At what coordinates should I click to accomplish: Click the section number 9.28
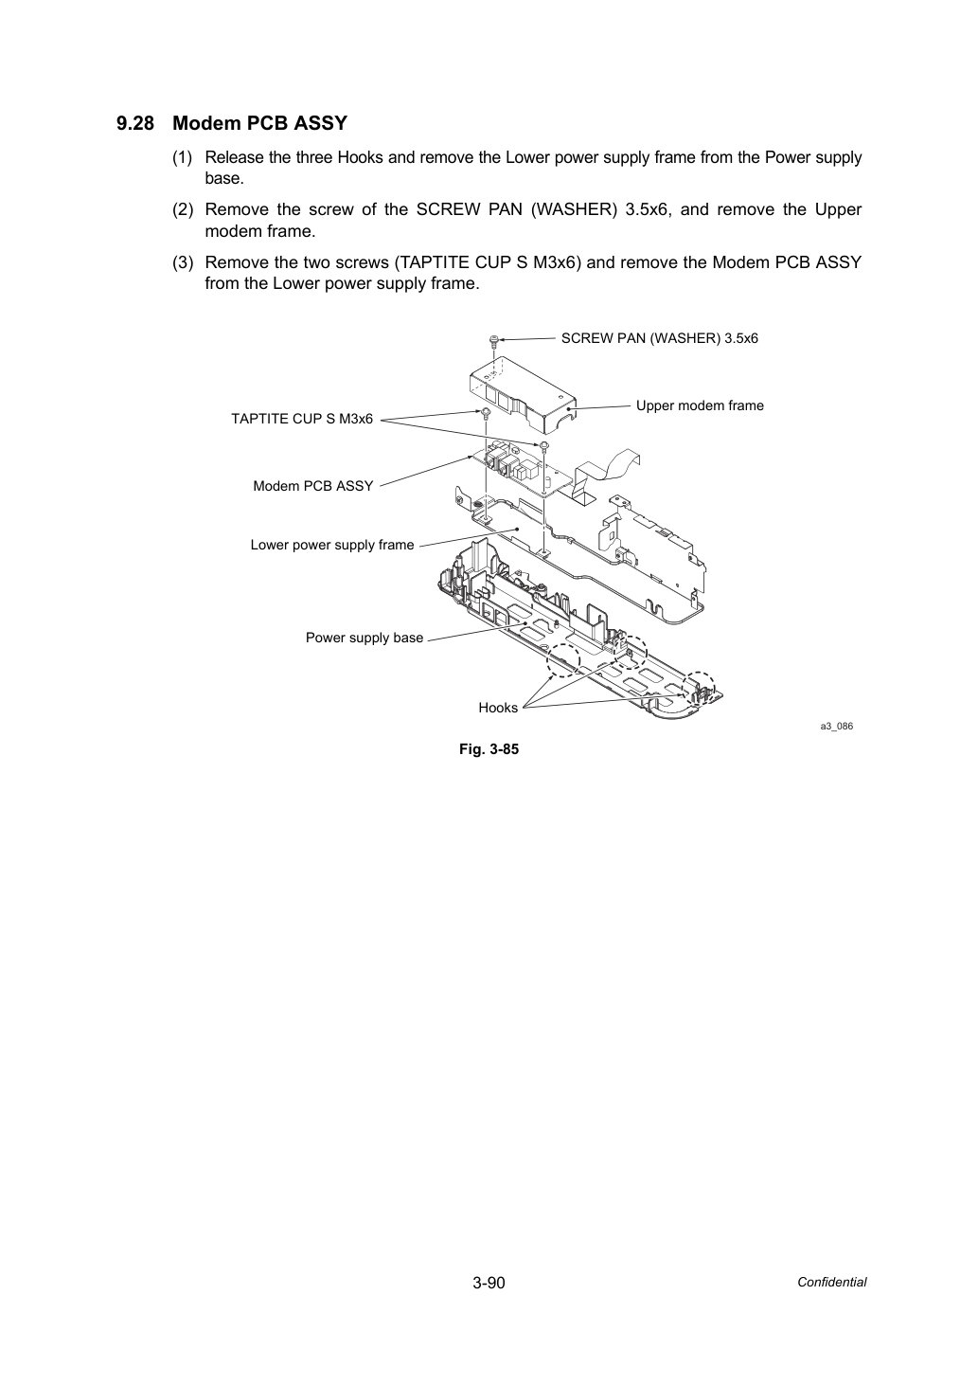135,124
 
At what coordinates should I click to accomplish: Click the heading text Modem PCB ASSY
260,124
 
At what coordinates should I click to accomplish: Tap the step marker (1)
183,157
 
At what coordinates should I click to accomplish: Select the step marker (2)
183,210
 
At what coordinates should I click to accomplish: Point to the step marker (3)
183,262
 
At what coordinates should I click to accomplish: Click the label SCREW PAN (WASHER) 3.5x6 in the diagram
659,338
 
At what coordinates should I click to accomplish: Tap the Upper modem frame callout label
700,405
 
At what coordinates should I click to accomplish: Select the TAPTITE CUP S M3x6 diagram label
302,419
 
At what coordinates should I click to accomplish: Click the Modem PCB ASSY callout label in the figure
313,486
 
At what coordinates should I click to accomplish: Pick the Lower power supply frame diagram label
331,545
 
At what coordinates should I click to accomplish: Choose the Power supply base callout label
365,638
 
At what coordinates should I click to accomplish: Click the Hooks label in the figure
498,708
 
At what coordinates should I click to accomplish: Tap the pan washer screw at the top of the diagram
493,341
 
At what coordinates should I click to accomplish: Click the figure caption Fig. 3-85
489,749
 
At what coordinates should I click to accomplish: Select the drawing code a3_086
837,726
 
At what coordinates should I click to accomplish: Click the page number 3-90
489,1283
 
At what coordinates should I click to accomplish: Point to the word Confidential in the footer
831,1283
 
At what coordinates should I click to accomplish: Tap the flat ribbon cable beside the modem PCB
607,473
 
